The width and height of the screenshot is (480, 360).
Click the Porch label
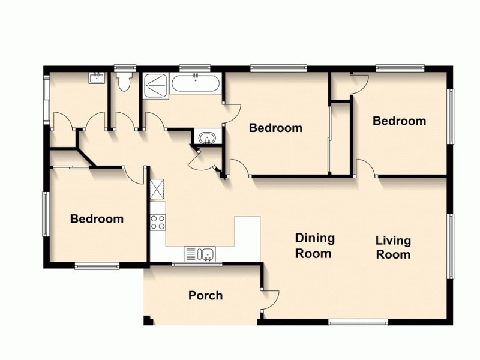205,295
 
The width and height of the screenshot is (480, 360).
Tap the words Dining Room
314,246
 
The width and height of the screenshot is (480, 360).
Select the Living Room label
393,247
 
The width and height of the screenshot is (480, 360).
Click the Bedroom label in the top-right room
399,121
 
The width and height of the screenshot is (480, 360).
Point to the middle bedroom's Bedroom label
275,128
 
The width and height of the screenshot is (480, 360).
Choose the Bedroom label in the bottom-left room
97,219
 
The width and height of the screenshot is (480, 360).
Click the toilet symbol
124,82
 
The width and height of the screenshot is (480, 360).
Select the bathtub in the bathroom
196,83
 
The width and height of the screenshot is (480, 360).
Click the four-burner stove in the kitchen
158,222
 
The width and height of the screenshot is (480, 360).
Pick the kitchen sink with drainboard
200,254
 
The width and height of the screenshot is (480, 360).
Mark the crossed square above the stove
157,190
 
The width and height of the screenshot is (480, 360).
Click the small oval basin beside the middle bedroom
207,138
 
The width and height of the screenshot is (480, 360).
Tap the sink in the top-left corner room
96,77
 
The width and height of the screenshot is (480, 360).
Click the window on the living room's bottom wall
359,323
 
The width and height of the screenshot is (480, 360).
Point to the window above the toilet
125,67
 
